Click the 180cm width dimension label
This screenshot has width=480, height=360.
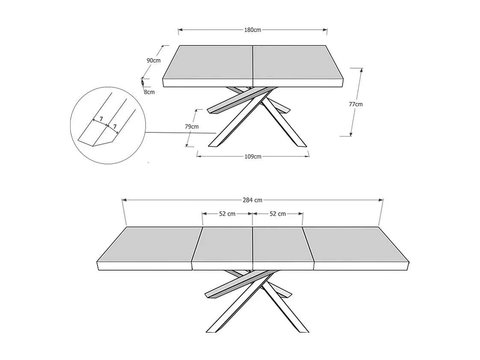252,30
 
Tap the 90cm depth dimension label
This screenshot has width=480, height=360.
154,60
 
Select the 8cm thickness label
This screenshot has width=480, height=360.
149,92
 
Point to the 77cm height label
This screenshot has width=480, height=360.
356,104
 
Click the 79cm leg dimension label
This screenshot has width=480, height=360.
192,127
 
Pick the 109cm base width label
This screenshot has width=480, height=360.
253,156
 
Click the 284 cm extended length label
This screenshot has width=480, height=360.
252,200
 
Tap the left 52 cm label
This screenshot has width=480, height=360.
227,214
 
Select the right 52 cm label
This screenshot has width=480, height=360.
278,214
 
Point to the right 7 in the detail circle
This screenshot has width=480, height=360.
115,127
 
